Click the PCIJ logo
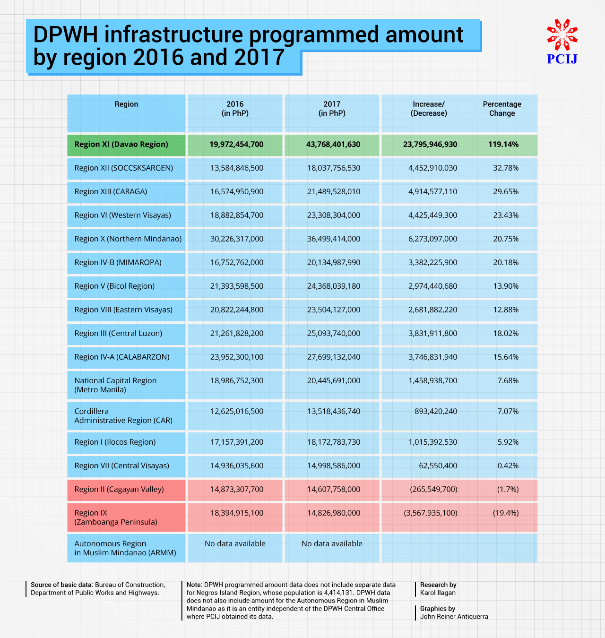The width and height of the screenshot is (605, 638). pyautogui.click(x=562, y=42)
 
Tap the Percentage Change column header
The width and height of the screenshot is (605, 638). pyautogui.click(x=502, y=109)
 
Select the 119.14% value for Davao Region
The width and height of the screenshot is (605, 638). pyautogui.click(x=503, y=145)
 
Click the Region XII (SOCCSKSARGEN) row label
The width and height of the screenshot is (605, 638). pyautogui.click(x=124, y=168)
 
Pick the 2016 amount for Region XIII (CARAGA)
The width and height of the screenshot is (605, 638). pyautogui.click(x=237, y=192)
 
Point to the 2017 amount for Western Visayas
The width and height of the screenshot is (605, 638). pyautogui.click(x=334, y=216)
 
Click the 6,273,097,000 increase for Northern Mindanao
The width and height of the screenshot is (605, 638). pyautogui.click(x=432, y=239)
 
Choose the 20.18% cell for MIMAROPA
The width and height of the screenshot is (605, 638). pyautogui.click(x=506, y=263)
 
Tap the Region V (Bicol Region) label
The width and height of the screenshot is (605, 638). pyautogui.click(x=114, y=286)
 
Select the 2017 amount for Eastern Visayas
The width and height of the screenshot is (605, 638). pyautogui.click(x=334, y=310)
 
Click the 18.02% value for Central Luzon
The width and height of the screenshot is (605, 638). pyautogui.click(x=506, y=334)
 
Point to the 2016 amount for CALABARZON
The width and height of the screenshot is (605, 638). pyautogui.click(x=237, y=357)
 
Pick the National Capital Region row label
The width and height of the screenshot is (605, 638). pyautogui.click(x=115, y=385)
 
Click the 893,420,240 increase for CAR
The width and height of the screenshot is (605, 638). pyautogui.click(x=436, y=412)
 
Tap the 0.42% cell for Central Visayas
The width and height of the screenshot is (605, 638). pyautogui.click(x=508, y=466)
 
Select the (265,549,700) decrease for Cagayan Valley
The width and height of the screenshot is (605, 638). pyautogui.click(x=433, y=490)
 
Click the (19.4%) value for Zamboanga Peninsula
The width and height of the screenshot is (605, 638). pyautogui.click(x=506, y=513)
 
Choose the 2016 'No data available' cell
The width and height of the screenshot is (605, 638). pyautogui.click(x=235, y=544)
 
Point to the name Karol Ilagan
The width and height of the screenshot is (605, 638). pyautogui.click(x=438, y=593)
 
